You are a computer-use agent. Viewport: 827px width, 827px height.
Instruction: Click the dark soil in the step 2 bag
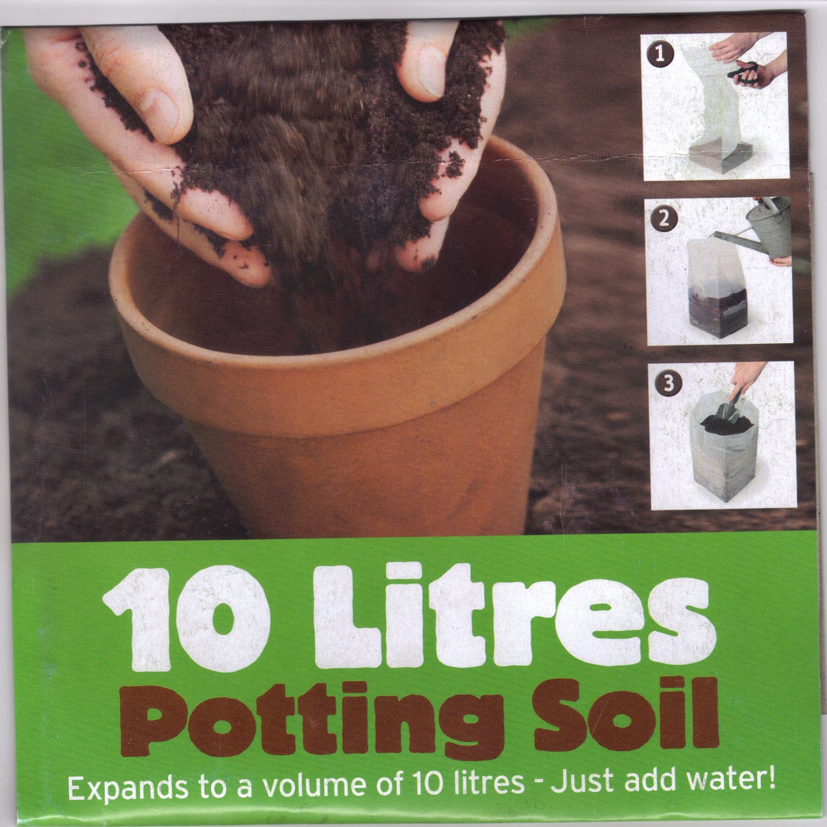point(713,310)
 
